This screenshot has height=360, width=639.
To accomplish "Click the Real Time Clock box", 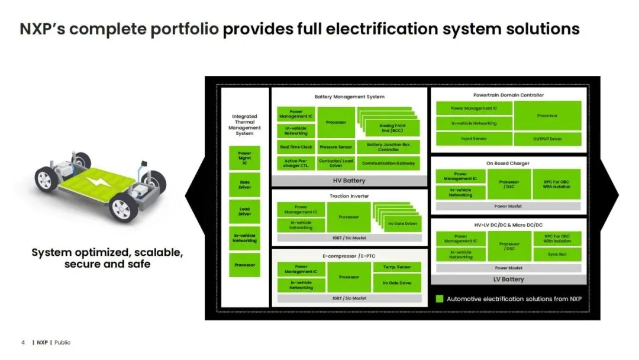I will (x=296, y=147).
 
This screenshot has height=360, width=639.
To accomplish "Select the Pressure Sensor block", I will (x=336, y=147).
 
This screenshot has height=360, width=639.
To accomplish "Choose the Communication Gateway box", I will (x=388, y=163).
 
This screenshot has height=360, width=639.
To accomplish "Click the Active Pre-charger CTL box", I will (x=296, y=163).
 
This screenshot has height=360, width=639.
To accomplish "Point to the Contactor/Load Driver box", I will (x=336, y=163).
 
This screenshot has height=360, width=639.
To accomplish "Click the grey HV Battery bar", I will (x=349, y=181).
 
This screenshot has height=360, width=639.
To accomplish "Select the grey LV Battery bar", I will (x=508, y=279).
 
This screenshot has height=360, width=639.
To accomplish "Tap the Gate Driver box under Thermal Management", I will (x=244, y=185).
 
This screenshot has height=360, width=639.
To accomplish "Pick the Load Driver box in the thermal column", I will (x=244, y=211).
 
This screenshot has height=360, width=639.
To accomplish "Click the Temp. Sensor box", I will (x=396, y=268).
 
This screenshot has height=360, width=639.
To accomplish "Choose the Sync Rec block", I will (x=556, y=254).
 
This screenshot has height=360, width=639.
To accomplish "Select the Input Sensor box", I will (x=473, y=139).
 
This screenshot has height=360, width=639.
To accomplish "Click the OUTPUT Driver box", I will (x=547, y=139).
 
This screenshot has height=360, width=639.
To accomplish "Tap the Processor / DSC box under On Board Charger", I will (x=509, y=184).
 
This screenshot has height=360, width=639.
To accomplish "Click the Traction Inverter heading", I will (x=348, y=195).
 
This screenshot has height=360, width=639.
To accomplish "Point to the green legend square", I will (x=440, y=299).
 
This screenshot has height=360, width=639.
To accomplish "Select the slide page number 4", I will (x=23, y=343).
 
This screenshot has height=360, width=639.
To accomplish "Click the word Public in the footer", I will (x=62, y=343).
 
